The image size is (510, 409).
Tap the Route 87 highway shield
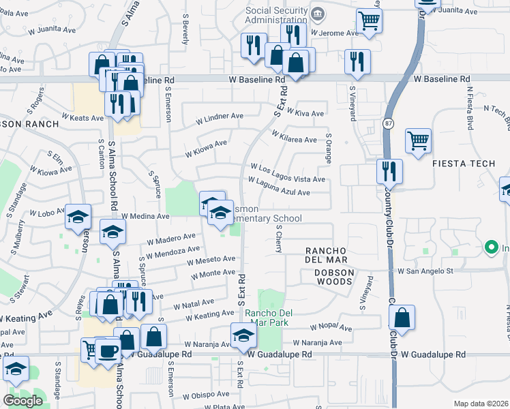coord(387,123)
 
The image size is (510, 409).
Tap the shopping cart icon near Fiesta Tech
coord(419,141)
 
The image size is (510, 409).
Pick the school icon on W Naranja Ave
coord(243,335)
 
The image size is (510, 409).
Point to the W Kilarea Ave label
coord(294,139)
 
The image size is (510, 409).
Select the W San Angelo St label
coord(425,271)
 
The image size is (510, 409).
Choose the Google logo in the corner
coord(22,401)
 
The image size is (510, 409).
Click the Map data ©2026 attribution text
coord(481,404)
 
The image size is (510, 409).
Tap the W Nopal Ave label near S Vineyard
coord(332,328)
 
